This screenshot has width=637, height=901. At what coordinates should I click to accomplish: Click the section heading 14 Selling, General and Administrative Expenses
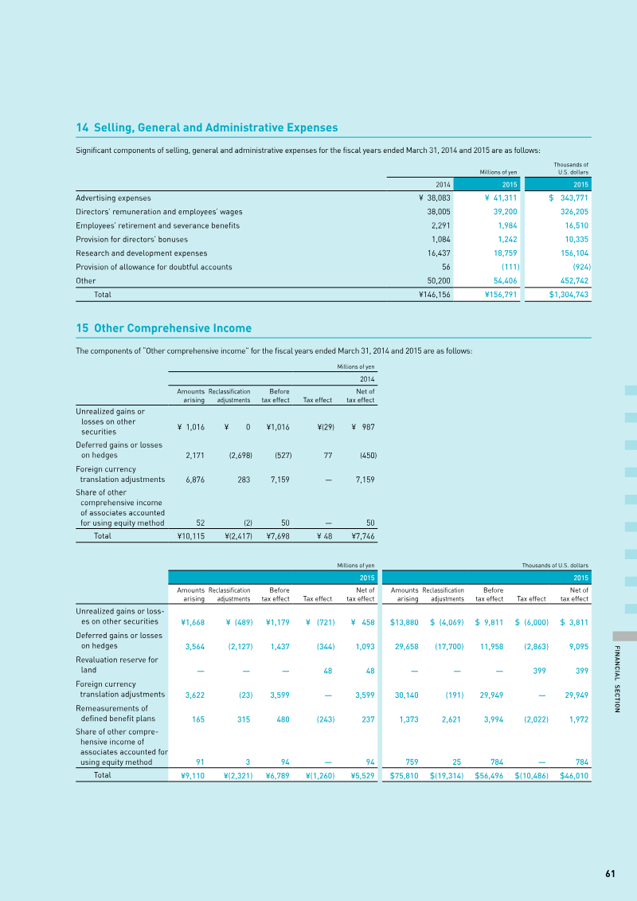tap(207, 127)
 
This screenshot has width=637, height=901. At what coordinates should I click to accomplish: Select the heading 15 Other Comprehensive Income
tap(164, 328)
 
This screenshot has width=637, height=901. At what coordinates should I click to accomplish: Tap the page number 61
tap(610, 873)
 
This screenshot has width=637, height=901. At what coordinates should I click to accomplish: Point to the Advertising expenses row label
tap(113, 198)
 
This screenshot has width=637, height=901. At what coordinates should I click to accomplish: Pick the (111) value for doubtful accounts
tap(510, 267)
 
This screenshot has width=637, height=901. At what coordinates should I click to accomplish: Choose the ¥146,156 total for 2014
tap(435, 295)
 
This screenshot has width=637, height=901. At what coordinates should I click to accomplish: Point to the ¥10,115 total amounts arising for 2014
tap(191, 536)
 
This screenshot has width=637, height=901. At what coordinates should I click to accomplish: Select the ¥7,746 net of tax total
tap(363, 536)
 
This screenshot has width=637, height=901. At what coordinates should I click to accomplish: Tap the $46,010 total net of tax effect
tap(574, 775)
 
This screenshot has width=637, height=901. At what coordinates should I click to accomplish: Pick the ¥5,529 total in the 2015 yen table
tap(363, 775)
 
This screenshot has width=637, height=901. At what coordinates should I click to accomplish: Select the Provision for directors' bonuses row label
tap(132, 239)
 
